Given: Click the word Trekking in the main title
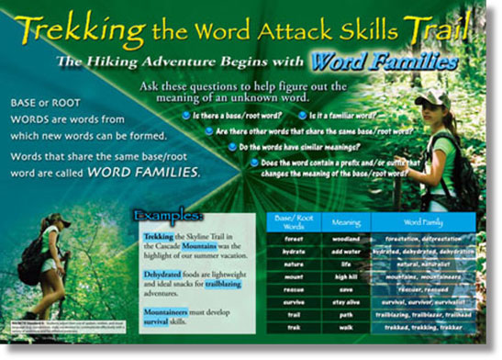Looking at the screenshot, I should tap(73, 31).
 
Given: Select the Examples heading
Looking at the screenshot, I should tap(169, 215).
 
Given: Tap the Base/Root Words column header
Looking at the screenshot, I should tap(294, 221).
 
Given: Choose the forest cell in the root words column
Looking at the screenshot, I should tap(294, 240).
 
